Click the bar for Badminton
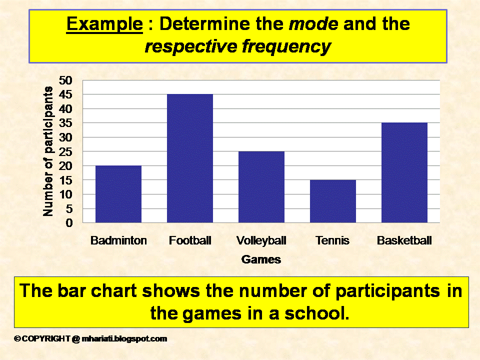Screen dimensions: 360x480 point(118,194)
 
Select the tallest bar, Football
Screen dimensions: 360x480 point(190,158)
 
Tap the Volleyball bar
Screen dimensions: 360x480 point(261,187)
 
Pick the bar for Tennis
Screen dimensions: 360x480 point(333,201)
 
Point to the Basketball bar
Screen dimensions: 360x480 point(404,172)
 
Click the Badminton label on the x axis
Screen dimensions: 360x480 point(118,240)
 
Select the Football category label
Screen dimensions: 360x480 point(190,240)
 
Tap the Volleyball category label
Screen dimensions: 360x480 point(261,240)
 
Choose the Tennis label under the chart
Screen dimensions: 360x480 point(333,240)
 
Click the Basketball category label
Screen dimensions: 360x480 point(404,240)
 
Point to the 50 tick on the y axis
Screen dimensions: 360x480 point(65,80)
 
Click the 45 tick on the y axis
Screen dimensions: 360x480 point(65,94)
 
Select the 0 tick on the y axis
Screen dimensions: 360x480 point(68,223)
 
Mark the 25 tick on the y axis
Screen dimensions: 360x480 point(65,151)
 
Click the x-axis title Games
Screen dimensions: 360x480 point(261,259)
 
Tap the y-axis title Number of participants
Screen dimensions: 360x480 point(48,151)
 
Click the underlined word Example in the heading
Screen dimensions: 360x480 point(104,24)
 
